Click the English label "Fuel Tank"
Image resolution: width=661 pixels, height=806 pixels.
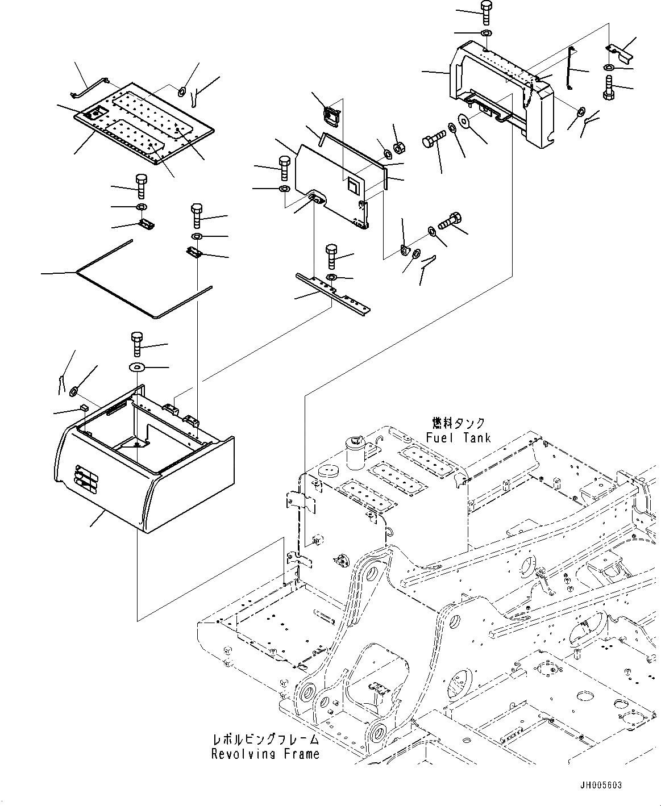pyautogui.click(x=458, y=437)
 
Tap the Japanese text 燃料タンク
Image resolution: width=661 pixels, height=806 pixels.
pyautogui.click(x=459, y=423)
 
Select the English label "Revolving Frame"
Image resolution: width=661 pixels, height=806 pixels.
pyautogui.click(x=265, y=754)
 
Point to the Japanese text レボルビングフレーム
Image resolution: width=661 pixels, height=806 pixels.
pyautogui.click(x=265, y=740)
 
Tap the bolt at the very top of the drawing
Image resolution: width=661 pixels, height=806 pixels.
pyautogui.click(x=485, y=12)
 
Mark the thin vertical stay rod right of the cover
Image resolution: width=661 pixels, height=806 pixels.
pyautogui.click(x=569, y=69)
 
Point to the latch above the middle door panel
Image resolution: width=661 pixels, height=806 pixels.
pyautogui.click(x=332, y=116)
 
